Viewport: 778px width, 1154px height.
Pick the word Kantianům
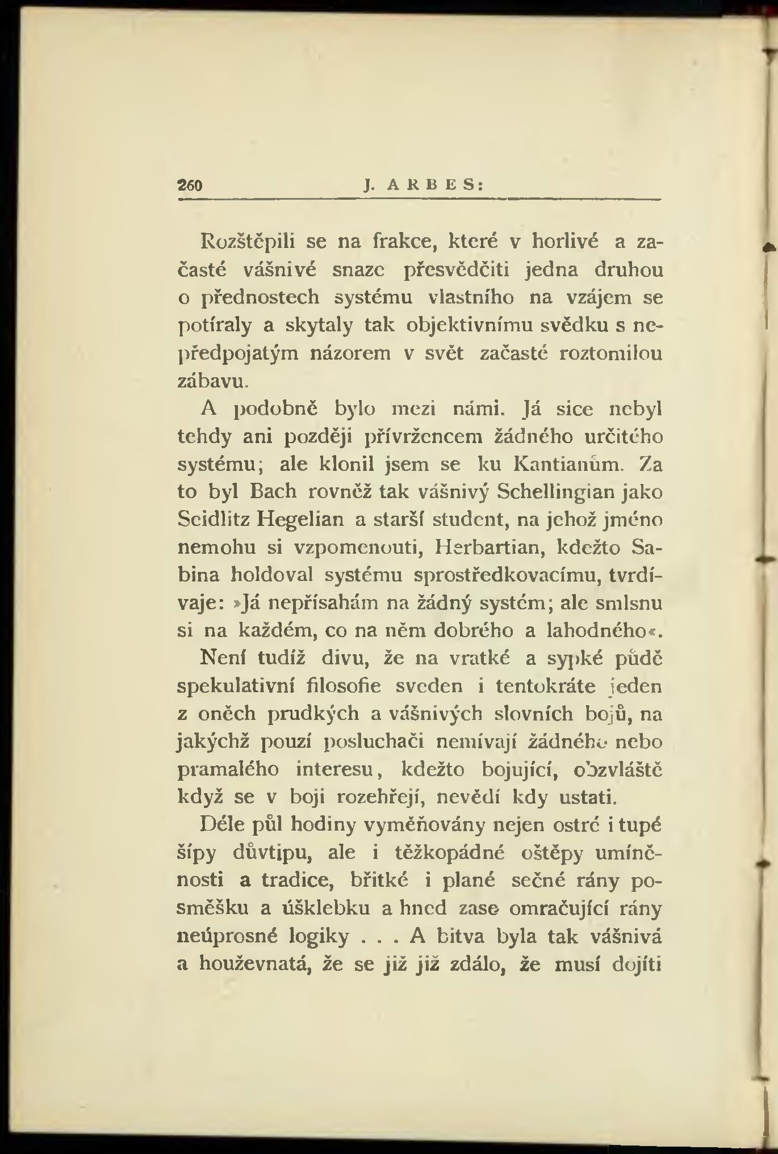[565, 464]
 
